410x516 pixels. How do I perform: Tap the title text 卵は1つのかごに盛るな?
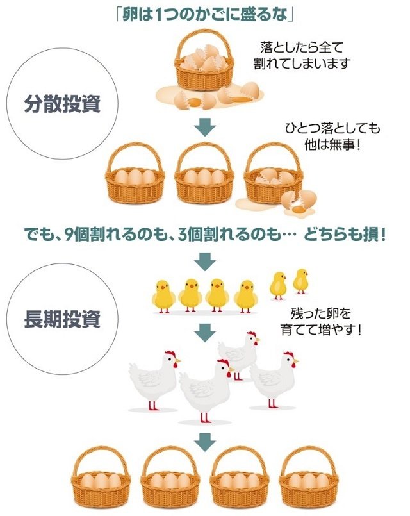pyautogui.click(x=204, y=13)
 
